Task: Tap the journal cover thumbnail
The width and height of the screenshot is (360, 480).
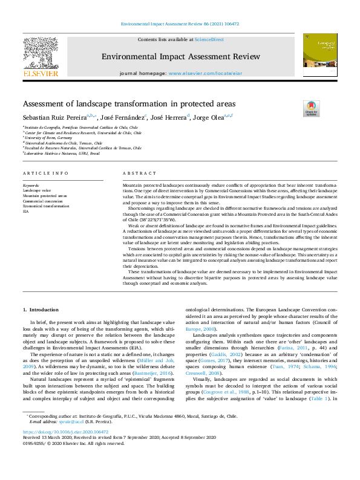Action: pyautogui.click(x=320, y=50)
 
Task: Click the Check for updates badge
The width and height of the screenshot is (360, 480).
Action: pyautogui.click(x=311, y=108)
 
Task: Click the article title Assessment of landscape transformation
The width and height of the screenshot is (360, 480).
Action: pyautogui.click(x=129, y=103)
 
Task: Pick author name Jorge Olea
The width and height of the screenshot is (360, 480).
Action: pyautogui.click(x=209, y=117)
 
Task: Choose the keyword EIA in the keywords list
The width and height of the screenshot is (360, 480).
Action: pyautogui.click(x=26, y=212)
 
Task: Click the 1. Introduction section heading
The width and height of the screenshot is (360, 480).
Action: pyautogui.click(x=41, y=310)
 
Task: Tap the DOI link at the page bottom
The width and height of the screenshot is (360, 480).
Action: pyautogui.click(x=65, y=449)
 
